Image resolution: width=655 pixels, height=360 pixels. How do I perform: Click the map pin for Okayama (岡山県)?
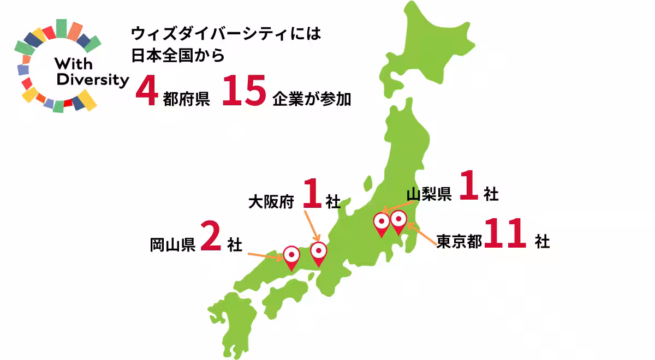(291, 256)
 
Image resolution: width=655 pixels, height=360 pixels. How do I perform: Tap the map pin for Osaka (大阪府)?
(318, 253)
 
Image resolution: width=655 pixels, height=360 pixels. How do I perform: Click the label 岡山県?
(172, 245)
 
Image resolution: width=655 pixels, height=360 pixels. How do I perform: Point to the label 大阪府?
(271, 202)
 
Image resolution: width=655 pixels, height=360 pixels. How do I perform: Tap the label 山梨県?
(429, 194)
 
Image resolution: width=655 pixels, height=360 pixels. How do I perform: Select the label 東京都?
(459, 241)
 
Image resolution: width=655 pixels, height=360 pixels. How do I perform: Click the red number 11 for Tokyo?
(505, 235)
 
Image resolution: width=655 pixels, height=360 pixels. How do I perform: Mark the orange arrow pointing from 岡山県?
(265, 255)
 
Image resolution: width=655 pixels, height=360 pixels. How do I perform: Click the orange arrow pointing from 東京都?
(422, 236)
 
